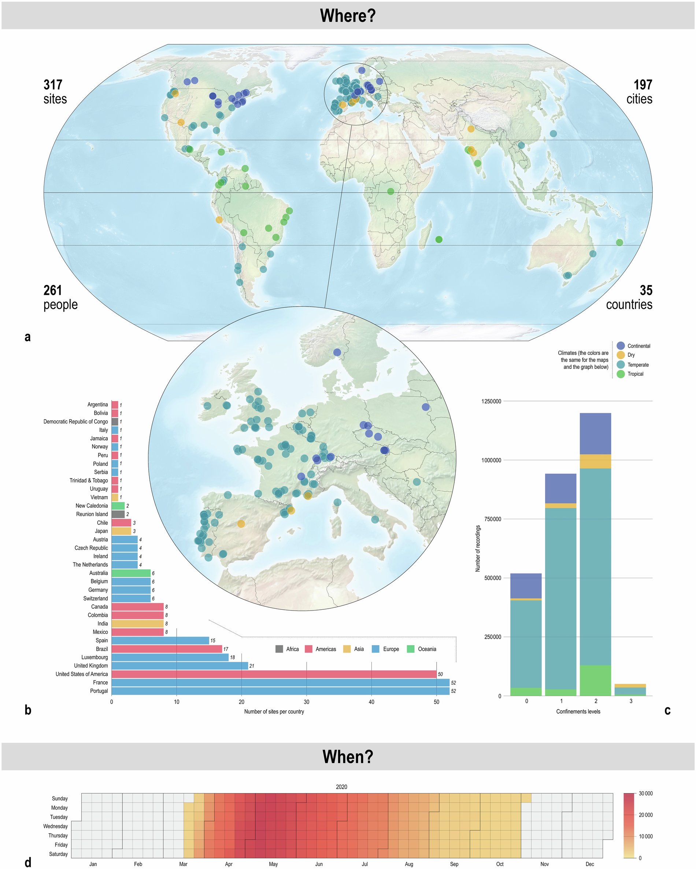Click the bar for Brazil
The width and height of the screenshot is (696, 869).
[166, 649]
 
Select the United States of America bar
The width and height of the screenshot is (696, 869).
[274, 674]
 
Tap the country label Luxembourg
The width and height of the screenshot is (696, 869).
[94, 657]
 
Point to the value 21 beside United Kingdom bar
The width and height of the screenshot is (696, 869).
[252, 666]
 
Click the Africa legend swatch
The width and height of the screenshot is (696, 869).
[279, 649]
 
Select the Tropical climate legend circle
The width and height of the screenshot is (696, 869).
[621, 374]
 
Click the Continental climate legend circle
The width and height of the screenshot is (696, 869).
[621, 346]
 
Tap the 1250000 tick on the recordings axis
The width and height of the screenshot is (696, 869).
[491, 401]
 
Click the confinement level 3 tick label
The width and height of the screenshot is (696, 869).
[631, 701]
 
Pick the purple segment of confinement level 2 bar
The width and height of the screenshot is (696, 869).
[595, 433]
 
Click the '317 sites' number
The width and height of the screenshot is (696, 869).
[53, 85]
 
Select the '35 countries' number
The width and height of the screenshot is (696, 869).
[646, 290]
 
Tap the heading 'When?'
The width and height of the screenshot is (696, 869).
[348, 757]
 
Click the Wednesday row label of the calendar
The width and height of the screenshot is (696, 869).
[56, 826]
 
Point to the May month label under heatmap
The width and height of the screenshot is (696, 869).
[273, 864]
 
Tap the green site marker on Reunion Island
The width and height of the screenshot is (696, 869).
[439, 239]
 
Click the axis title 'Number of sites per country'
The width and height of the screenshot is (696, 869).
[274, 711]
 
